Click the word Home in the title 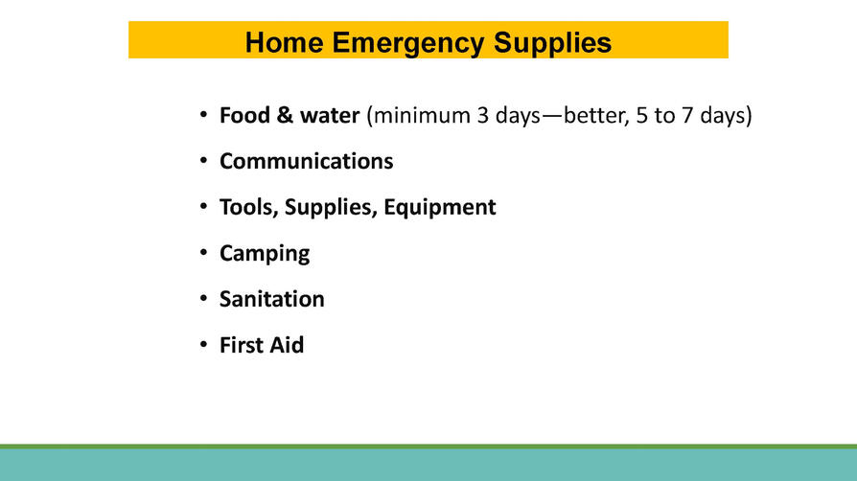pos(284,42)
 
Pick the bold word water pos(330,117)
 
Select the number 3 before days pos(482,115)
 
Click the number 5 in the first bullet pos(641,116)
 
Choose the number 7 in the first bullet pos(687,116)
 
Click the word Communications pos(306,161)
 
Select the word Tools pos(249,208)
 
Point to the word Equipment pos(439,208)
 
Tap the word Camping pos(265,254)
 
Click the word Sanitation pos(271,299)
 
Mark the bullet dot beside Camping pos(203,253)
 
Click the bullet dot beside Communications pos(203,161)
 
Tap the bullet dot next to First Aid pos(203,344)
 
